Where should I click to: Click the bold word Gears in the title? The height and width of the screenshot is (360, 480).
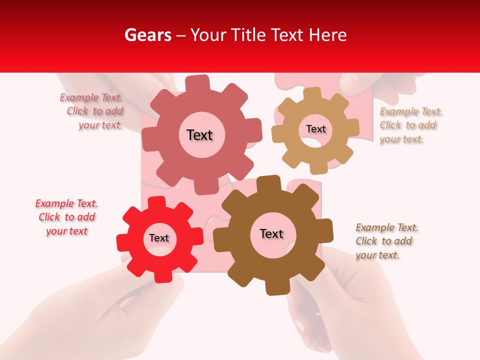pyautogui.click(x=147, y=35)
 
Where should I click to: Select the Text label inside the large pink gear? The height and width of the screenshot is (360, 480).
pyautogui.click(x=199, y=135)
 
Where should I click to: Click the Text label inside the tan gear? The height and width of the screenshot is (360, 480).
pyautogui.click(x=315, y=129)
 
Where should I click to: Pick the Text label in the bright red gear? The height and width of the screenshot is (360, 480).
pyautogui.click(x=159, y=238)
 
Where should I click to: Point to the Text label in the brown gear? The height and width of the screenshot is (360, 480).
pyautogui.click(x=271, y=233)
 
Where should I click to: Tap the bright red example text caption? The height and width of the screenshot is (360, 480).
pyautogui.click(x=66, y=217)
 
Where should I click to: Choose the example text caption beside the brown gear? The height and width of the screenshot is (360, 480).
pyautogui.click(x=386, y=241)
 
